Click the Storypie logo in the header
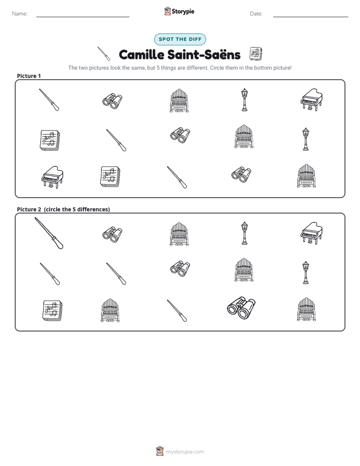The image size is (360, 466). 179,11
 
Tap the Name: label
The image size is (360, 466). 20,14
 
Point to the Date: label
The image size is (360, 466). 256,14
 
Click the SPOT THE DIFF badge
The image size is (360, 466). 180,39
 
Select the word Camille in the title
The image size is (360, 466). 141,54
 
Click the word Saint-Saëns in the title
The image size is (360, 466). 204,54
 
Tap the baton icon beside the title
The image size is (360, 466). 104,53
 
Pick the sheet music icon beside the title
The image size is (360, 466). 256,54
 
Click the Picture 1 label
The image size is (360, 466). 29,76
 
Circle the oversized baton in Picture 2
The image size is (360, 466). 49,234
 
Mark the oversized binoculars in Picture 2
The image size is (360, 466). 241,307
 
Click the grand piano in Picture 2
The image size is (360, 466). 311,233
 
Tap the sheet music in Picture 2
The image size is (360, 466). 52,311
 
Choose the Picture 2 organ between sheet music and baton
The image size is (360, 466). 110,311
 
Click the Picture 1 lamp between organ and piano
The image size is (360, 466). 244,100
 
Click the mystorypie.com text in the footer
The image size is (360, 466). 185,452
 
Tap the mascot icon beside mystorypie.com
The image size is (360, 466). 160,451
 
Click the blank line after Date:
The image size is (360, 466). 311,17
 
